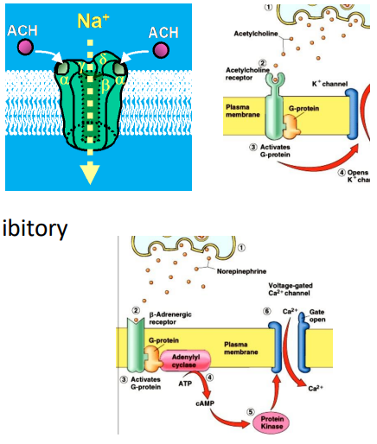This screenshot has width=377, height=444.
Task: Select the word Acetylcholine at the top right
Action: tap(253, 35)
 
